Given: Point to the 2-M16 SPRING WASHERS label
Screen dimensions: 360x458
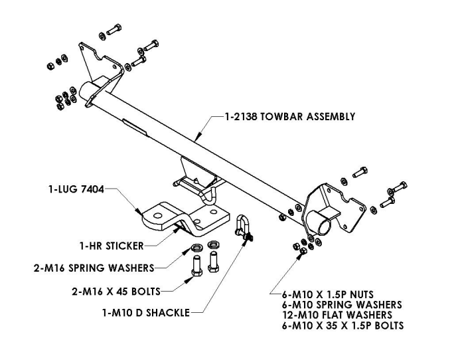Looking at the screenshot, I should [x=94, y=268].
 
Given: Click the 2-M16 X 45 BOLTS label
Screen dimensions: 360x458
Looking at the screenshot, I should [x=110, y=290].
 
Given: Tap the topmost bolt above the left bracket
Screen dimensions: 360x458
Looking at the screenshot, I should [x=112, y=31].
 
